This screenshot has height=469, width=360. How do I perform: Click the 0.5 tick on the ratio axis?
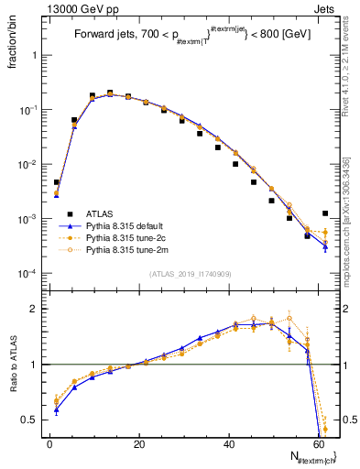tap(31, 420)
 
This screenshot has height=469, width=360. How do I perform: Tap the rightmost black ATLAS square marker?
tap(325, 213)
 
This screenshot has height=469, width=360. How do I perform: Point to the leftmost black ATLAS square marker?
tap(57, 182)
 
